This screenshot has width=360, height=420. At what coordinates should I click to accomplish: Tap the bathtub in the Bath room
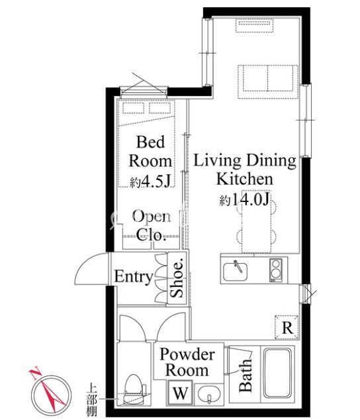[x=277, y=373]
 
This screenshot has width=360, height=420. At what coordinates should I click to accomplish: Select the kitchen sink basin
[x=235, y=272]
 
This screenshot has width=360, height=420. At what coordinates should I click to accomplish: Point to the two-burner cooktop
[x=276, y=270]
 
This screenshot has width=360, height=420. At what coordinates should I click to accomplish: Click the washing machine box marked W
[x=181, y=393]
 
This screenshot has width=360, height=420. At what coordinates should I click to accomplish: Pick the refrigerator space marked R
[x=287, y=327]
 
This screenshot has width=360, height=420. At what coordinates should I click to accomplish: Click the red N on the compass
[x=34, y=374]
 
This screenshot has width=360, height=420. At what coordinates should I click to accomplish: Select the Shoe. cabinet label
[x=177, y=278]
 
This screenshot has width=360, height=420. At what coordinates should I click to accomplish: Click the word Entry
[x=134, y=277]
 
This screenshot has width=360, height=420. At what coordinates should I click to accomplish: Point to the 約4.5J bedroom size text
[x=150, y=182]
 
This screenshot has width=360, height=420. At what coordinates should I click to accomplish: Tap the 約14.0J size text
[x=244, y=199]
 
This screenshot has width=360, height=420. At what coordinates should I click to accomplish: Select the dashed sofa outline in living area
[x=268, y=81]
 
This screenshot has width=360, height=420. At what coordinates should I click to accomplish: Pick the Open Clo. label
[x=152, y=225]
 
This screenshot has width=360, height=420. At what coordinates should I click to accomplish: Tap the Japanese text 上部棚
[x=92, y=400]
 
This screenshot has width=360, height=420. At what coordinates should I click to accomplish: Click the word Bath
[x=245, y=376]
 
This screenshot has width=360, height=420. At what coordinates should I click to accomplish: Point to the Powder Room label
[x=187, y=362]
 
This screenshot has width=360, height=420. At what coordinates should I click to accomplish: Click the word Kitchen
[x=245, y=179]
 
